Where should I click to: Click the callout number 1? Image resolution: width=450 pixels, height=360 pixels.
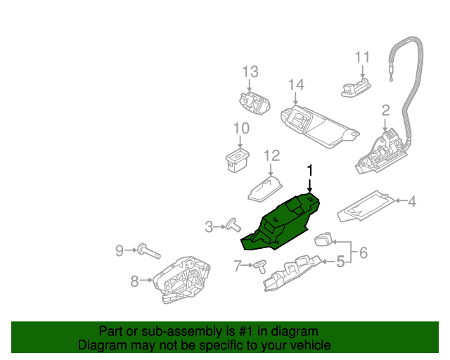coord(309,170)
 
